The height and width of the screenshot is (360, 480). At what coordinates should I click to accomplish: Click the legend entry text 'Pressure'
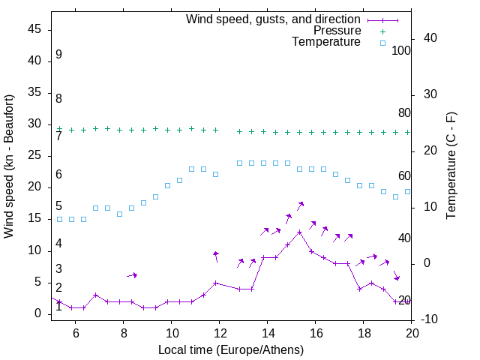[x=337, y=31]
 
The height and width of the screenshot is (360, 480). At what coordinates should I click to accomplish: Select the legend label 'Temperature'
[x=326, y=42]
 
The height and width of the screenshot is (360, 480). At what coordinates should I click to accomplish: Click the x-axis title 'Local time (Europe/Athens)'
[x=232, y=349]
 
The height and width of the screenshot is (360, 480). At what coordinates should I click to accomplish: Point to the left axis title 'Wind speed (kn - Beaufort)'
[x=9, y=166]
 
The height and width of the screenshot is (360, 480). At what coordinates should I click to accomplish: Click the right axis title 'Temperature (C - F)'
[x=451, y=166]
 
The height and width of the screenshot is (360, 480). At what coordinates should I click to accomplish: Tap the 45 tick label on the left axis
[x=34, y=30]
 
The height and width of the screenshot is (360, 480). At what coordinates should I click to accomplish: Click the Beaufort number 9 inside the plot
[x=58, y=55]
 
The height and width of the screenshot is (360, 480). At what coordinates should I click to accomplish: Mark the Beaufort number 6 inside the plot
[x=58, y=175]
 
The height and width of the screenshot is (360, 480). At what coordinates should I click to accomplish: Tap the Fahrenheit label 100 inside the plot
[x=401, y=50]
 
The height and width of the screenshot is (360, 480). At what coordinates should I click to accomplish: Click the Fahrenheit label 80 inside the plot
[x=404, y=112]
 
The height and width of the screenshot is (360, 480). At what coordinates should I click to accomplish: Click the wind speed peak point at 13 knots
[x=300, y=232]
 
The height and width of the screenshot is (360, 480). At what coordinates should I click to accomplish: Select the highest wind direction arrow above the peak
[x=300, y=205]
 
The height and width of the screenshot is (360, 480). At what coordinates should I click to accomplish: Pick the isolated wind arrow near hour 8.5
[x=132, y=275]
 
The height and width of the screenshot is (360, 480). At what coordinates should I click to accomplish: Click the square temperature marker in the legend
[x=382, y=43]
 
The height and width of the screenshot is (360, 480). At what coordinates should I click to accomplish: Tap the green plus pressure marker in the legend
[x=382, y=31]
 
